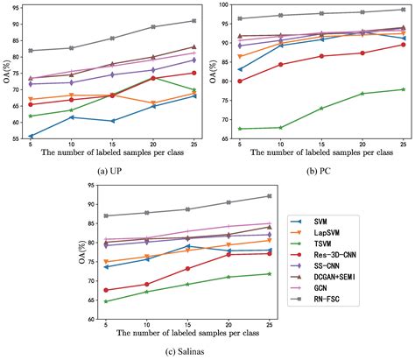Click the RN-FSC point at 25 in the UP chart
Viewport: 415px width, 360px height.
193,20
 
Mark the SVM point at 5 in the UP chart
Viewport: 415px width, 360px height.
32,136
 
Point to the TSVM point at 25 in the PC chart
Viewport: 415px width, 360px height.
402,89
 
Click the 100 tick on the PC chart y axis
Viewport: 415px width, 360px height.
221,5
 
